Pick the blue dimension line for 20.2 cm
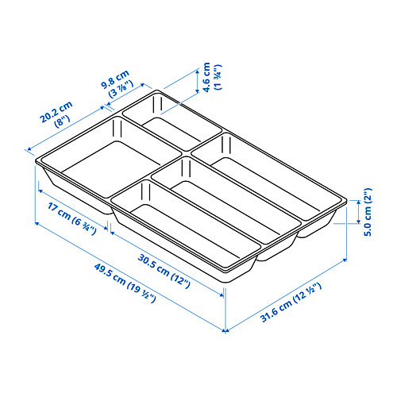[x=75, y=119]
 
